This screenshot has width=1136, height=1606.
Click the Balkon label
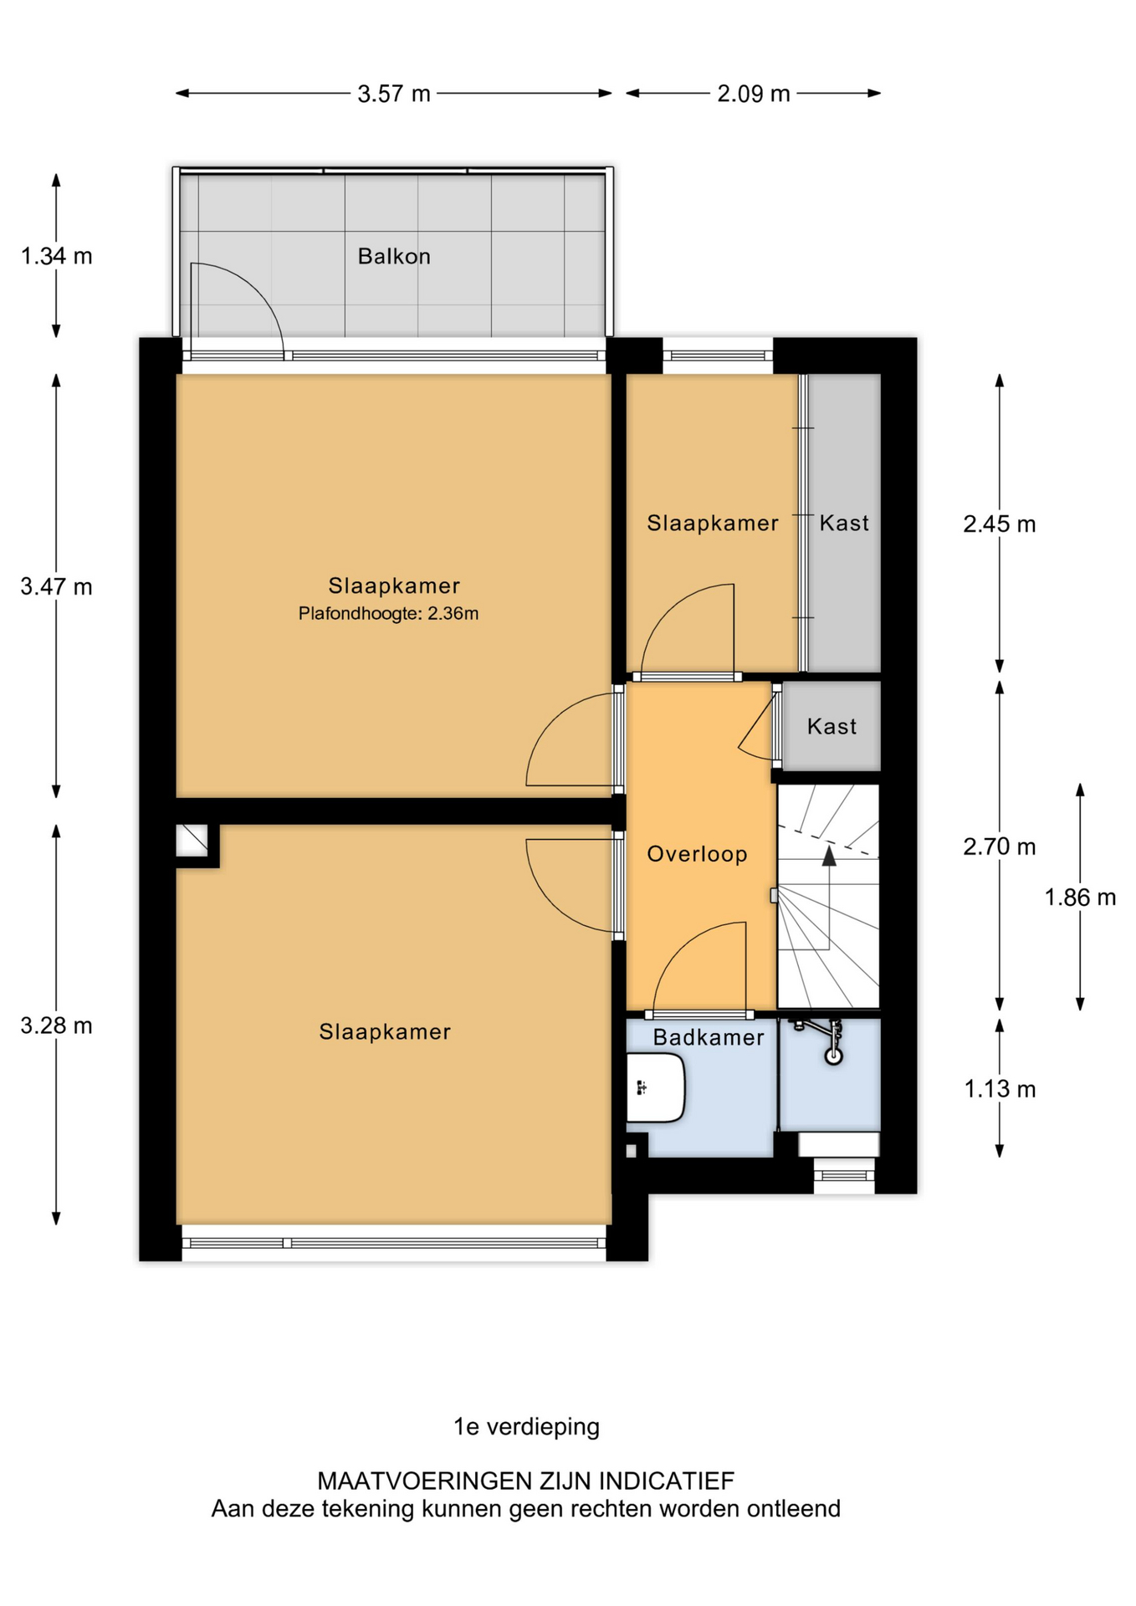pyautogui.click(x=394, y=256)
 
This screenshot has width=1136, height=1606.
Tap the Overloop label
pyautogui.click(x=697, y=854)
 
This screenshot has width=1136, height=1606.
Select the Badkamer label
pyautogui.click(x=709, y=1037)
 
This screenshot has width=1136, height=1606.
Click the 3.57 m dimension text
pyautogui.click(x=394, y=94)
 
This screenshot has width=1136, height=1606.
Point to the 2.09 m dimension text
pyautogui.click(x=753, y=94)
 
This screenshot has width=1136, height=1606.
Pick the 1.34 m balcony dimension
pyautogui.click(x=56, y=256)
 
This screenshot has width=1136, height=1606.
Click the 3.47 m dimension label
pyautogui.click(x=56, y=587)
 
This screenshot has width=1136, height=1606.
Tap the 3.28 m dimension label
pyautogui.click(x=56, y=1025)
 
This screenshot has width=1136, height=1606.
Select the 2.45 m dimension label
pyautogui.click(x=999, y=524)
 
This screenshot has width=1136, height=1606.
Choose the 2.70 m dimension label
pyautogui.click(x=999, y=847)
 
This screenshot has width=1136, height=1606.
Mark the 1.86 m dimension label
pyautogui.click(x=1079, y=898)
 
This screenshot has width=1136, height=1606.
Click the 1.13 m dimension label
pyautogui.click(x=999, y=1089)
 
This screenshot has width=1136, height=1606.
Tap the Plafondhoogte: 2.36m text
pyautogui.click(x=388, y=614)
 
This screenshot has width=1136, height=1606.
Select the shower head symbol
pyautogui.click(x=833, y=1056)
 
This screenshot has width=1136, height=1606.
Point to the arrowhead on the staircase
pyautogui.click(x=828, y=855)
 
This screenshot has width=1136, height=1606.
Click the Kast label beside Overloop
pyautogui.click(x=832, y=726)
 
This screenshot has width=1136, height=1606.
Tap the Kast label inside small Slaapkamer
pyautogui.click(x=843, y=524)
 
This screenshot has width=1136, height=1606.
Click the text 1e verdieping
pyautogui.click(x=526, y=1426)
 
